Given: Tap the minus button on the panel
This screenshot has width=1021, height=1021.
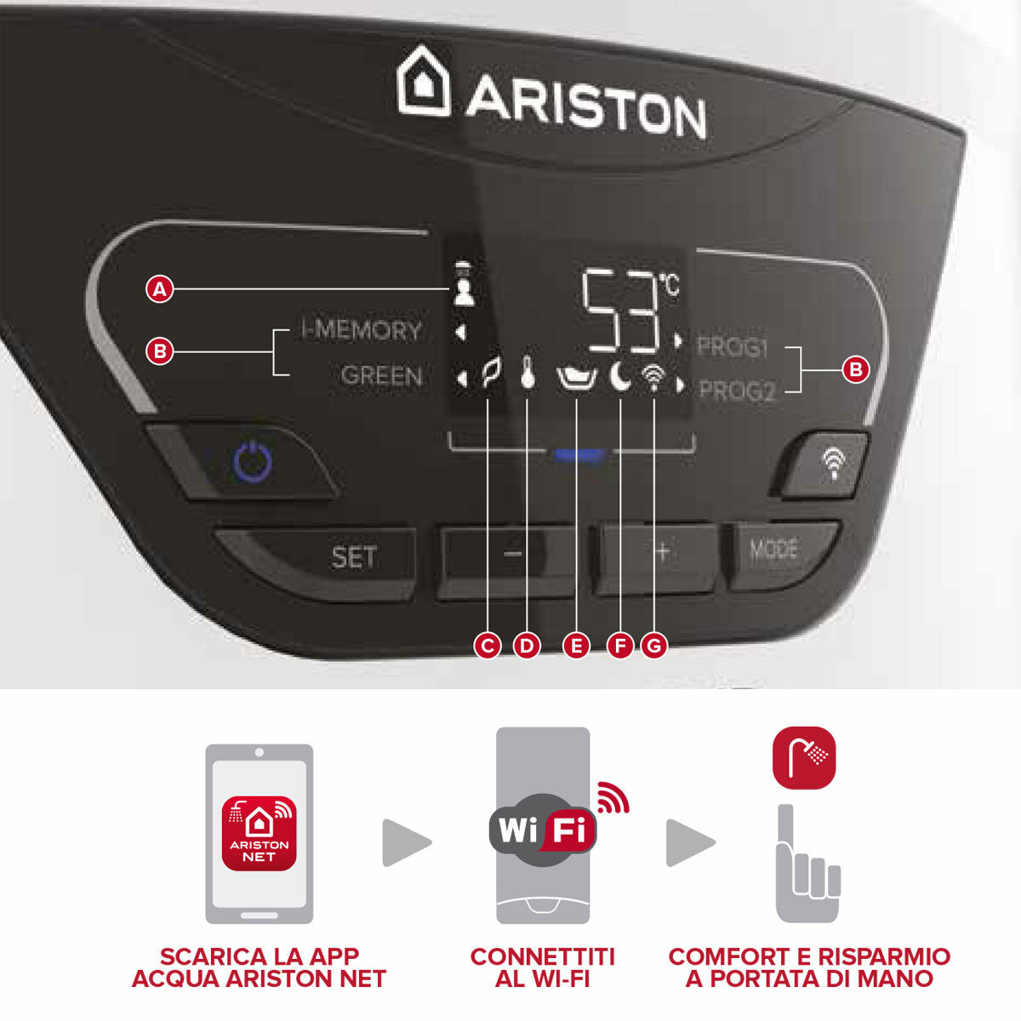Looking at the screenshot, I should coord(511,554).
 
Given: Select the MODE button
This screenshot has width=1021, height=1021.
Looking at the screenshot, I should coord(773,550).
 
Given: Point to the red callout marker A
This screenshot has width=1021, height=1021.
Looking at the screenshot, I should coord(159,289).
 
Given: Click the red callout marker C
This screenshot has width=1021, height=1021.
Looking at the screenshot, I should coord(488,646).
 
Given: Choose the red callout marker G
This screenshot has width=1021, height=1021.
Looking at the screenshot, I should coord(653,646).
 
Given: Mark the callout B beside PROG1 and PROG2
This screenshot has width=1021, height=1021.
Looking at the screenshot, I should coord(855,369).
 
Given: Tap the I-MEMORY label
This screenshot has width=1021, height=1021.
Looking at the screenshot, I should coord(362,330).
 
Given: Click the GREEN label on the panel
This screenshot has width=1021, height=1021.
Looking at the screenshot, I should coord(381,375).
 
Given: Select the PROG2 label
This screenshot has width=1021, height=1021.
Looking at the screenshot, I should coord(737,391).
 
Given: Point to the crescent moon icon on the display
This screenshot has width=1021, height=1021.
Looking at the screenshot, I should coord(620,376).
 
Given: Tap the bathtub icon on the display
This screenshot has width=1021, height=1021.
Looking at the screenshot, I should coord(576,376).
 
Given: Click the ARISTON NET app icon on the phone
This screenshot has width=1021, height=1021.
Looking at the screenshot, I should coord(259,834).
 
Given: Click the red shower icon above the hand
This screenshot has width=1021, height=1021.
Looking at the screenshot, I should coord(804,757).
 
